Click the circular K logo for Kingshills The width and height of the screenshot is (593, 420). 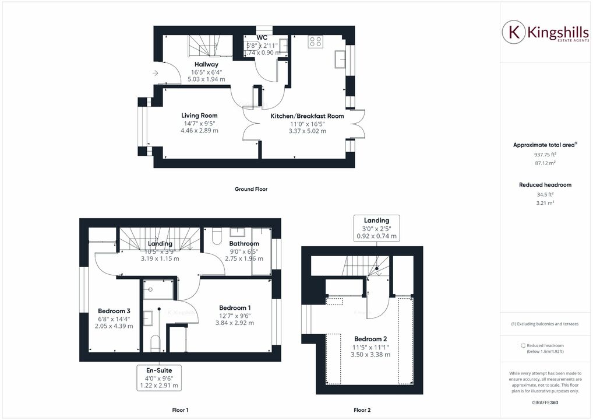[514, 33]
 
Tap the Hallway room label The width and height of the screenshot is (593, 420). [206, 64]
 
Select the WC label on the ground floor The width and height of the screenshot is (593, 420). [262, 37]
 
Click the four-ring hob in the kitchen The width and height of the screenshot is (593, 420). [316, 41]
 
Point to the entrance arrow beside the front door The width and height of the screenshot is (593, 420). [154, 73]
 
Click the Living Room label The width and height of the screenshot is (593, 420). [199, 116]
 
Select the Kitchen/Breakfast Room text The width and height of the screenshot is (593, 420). [307, 116]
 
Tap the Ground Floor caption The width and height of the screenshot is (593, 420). [251, 189]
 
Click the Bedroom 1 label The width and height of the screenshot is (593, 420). [235, 307]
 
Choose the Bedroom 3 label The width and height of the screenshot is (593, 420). [114, 311]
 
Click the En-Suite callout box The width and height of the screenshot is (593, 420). [159, 377]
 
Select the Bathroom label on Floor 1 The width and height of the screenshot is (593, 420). [243, 243]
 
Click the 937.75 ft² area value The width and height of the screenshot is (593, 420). [545, 155]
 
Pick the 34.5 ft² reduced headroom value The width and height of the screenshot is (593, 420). [545, 194]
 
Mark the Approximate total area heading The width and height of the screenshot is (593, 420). [543, 145]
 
